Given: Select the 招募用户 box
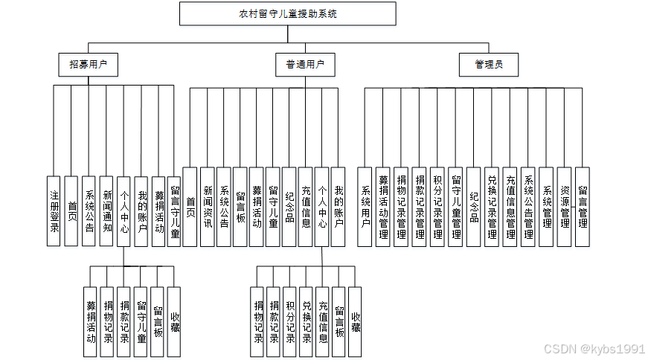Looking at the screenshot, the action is (89, 65).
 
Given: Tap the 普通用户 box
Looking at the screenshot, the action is (305, 65).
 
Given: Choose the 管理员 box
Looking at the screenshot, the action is (488, 65).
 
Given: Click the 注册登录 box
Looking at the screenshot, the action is (54, 210).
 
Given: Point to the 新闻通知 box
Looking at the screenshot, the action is (106, 210).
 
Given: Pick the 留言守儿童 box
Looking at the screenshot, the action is (174, 210).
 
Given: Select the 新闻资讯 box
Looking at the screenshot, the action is (208, 207).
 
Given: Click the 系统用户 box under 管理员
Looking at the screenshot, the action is (365, 207).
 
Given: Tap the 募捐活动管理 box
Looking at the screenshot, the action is (383, 207).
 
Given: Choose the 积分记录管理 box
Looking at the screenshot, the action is (437, 207).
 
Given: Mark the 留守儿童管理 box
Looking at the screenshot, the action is (455, 207).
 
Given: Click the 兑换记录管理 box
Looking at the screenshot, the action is (492, 207).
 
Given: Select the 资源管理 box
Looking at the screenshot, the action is (565, 207).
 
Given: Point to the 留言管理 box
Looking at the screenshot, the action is (583, 207).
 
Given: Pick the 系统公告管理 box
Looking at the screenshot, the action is (528, 207).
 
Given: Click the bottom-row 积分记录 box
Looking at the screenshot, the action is (290, 317).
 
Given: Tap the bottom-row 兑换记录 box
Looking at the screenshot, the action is (307, 317).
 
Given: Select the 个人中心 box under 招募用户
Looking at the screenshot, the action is (124, 210).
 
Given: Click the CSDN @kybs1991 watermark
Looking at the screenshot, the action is (593, 349).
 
